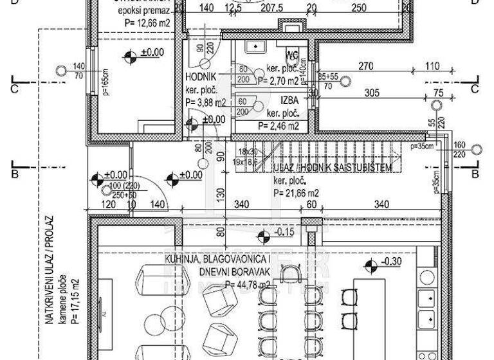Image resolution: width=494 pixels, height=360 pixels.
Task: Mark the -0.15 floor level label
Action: [283, 232]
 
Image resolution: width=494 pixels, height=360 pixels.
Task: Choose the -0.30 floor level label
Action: [391, 262]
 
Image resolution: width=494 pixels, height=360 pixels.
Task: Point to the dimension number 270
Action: [366, 66]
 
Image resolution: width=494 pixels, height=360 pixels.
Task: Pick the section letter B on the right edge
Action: [476, 174]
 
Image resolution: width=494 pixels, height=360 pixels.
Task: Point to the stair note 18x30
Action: [247, 152]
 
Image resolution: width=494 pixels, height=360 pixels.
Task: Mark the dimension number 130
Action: [221, 193]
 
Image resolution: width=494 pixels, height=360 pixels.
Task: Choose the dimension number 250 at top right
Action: [359, 8]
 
